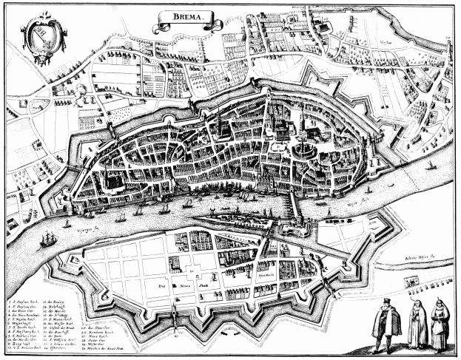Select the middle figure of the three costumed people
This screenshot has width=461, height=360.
[x=417, y=322]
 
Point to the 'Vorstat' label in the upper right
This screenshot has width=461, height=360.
[x=383, y=44]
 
